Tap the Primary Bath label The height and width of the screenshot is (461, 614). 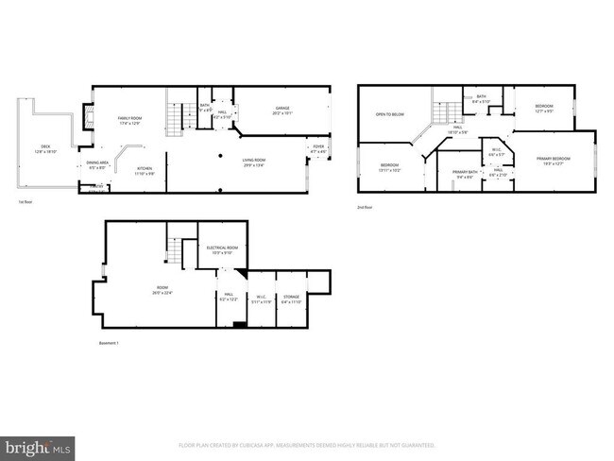click(x=465, y=175)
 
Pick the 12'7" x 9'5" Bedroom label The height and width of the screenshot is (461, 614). click(x=543, y=108)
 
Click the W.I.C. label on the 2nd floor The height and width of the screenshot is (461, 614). click(x=496, y=151)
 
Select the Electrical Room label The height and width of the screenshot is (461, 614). click(x=222, y=249)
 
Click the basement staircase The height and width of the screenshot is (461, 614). click(x=176, y=250)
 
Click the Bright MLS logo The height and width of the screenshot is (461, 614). click(x=38, y=444)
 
